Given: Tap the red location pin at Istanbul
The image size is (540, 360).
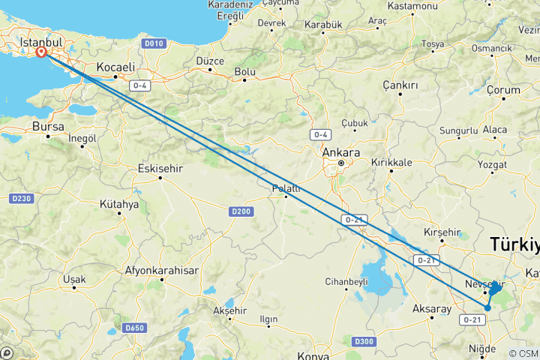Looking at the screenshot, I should [x=40, y=53].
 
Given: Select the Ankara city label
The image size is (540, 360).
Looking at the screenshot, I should [x=340, y=152].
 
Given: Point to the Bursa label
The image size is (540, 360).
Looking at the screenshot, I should [x=48, y=127].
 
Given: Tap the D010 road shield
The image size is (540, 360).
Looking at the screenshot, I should [x=154, y=43].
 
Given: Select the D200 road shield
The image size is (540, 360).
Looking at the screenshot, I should [x=240, y=212].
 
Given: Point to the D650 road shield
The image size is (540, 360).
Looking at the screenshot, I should [x=135, y=328].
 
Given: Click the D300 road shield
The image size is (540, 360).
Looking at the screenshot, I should [x=363, y=342].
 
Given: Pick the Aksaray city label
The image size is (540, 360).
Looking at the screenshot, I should [x=432, y=308].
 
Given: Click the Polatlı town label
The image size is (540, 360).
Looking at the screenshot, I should [x=286, y=188].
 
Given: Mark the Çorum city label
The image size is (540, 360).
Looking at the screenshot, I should [x=503, y=90].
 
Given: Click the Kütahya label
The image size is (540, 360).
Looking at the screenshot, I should [x=119, y=204].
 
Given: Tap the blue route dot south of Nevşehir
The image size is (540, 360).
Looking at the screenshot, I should [x=487, y=307].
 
